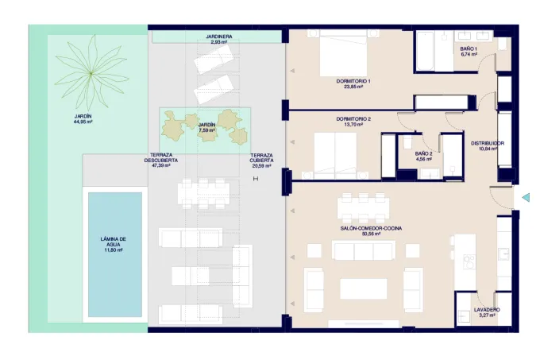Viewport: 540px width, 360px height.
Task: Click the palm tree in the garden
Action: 91,72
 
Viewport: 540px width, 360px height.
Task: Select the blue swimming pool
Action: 115,254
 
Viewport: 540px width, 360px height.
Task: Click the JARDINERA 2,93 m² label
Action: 219,39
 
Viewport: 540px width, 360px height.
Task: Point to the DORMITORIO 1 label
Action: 353,81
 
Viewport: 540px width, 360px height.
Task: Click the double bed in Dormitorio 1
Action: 343,52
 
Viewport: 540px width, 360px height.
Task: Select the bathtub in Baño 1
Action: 426,51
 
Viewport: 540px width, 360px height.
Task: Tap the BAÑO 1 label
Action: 469,49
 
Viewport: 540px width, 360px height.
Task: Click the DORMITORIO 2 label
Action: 353,119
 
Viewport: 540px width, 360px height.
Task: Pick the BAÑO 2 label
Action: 423,153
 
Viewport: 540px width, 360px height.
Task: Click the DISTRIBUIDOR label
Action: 488,143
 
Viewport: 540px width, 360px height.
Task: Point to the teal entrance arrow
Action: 526,198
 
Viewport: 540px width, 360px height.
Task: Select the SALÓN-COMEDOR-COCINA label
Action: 371,228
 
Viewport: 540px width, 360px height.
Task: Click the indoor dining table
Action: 364,207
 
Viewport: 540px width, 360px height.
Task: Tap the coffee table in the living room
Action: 364,288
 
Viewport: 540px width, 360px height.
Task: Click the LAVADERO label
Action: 487,310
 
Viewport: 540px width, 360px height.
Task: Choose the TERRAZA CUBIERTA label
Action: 262,158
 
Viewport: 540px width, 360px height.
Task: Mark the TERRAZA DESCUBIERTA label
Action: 161,158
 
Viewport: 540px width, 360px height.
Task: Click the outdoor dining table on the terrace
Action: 203,194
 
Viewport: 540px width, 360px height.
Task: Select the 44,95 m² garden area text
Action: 83,122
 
